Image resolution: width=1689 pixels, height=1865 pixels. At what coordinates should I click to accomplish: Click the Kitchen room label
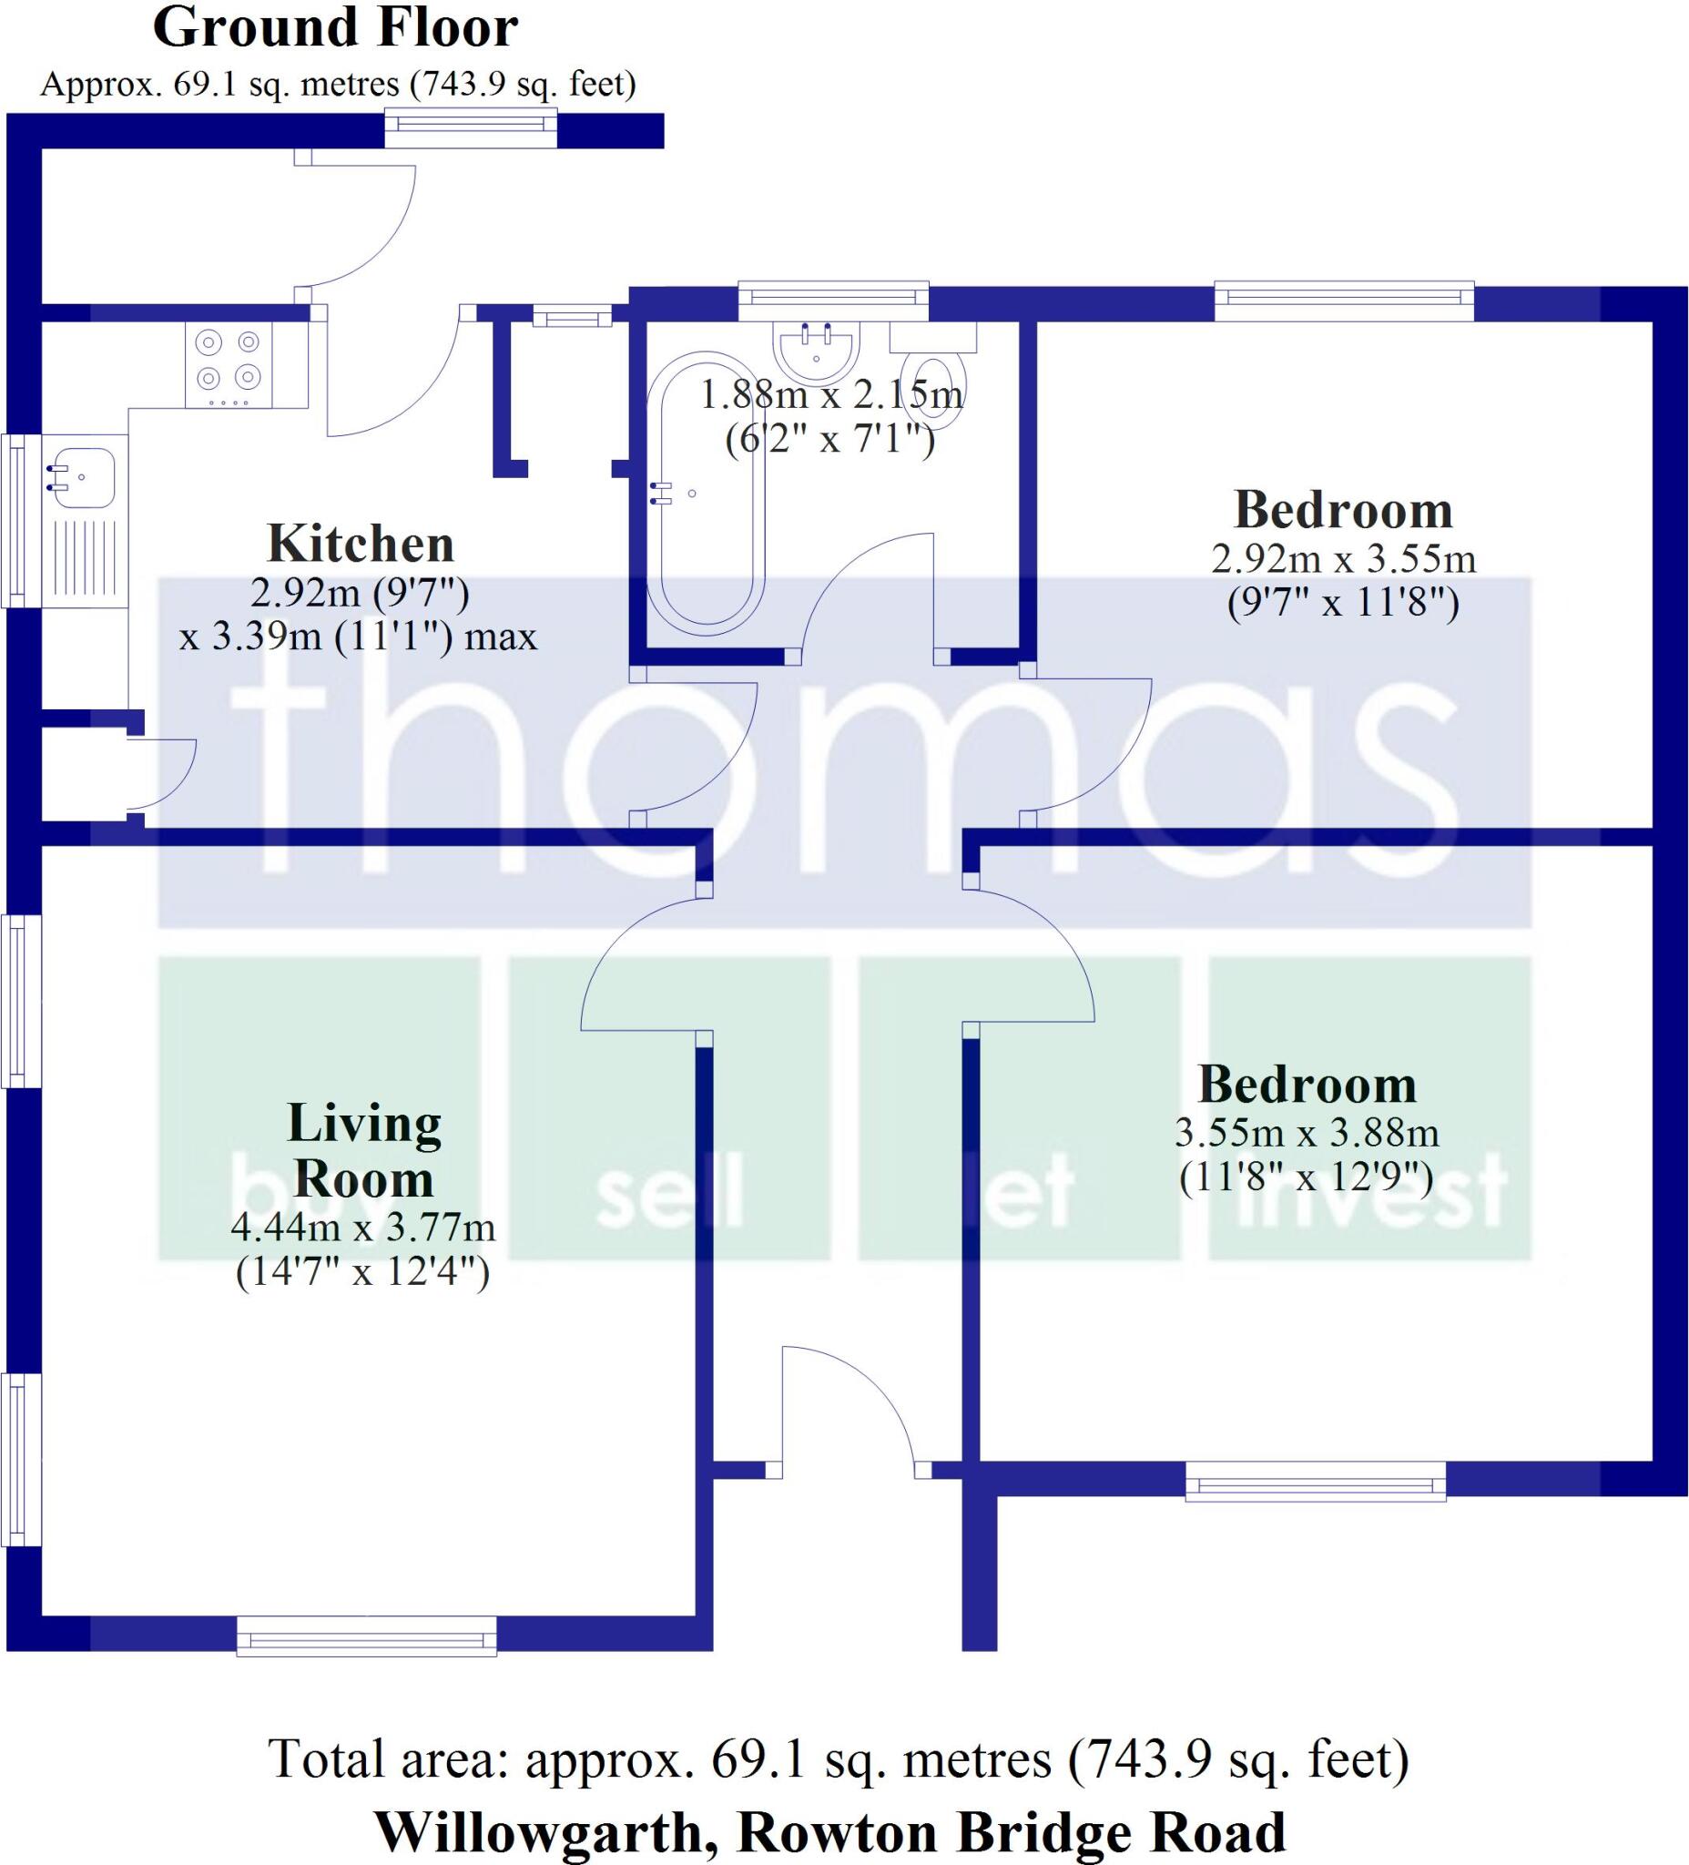coord(360,544)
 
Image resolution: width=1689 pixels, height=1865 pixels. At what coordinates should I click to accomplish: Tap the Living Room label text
coord(363,1151)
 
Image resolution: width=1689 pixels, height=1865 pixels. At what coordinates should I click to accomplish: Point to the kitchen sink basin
coord(82,477)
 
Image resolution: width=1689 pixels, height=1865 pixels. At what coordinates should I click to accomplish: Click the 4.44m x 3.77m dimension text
coord(362,1228)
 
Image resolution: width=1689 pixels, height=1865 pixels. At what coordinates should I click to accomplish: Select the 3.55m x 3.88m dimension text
coord(1306,1132)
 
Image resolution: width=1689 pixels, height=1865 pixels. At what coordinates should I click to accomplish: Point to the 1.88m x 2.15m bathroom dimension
coord(830,396)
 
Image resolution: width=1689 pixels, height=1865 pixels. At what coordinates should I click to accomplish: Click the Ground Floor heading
coord(335,27)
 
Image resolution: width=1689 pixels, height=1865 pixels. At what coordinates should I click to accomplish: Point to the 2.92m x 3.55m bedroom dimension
coord(1343,559)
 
